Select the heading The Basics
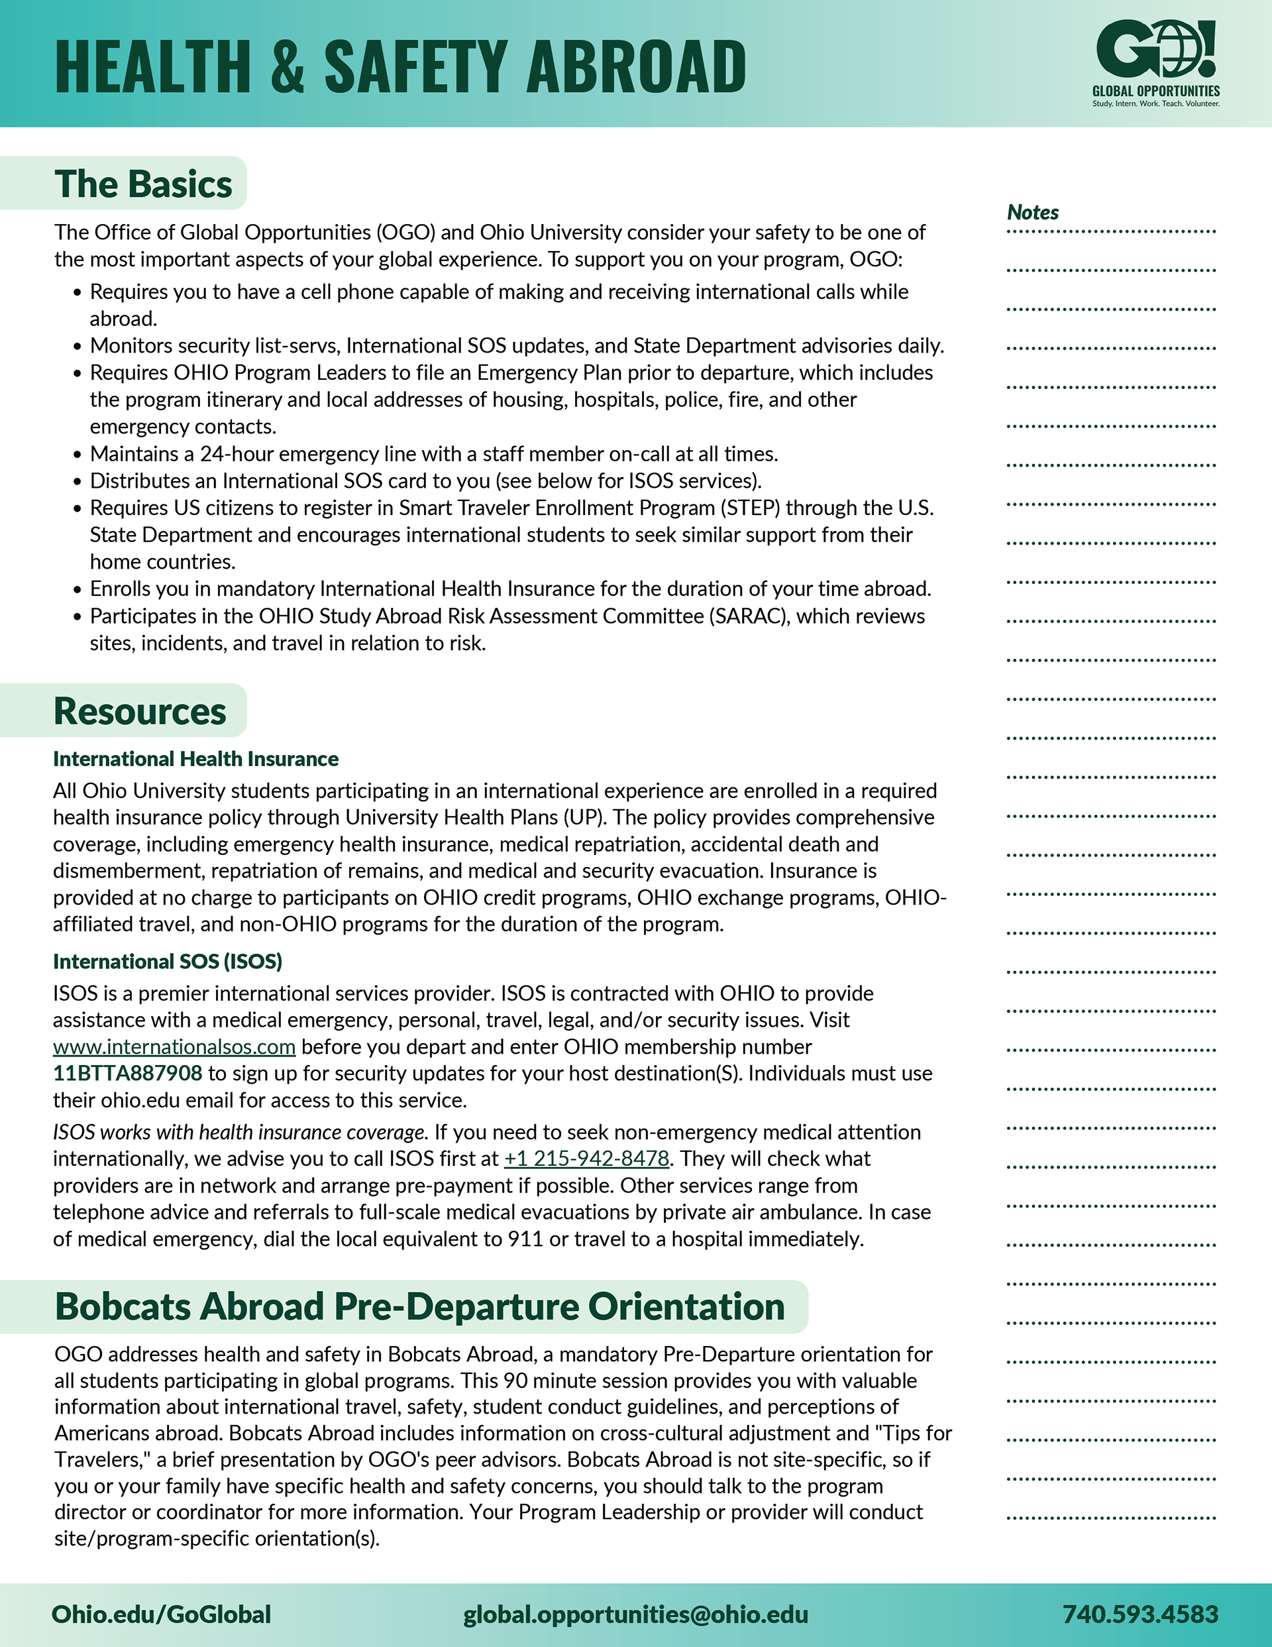click(143, 184)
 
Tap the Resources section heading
click(140, 711)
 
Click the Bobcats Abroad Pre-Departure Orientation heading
click(419, 1307)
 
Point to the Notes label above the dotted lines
click(1032, 213)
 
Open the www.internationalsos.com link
click(174, 1047)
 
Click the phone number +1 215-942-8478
click(586, 1159)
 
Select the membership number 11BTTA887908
click(127, 1073)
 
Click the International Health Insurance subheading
click(195, 759)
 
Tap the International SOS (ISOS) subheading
click(168, 962)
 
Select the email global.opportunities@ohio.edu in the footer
click(635, 1614)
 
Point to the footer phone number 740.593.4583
click(1140, 1614)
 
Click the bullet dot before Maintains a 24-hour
click(77, 455)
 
